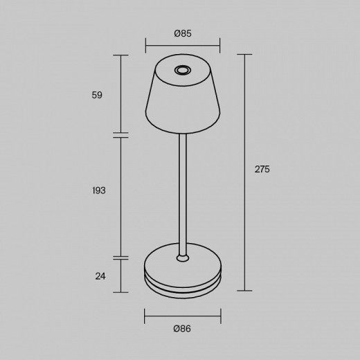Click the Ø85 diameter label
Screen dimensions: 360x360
(x=183, y=33)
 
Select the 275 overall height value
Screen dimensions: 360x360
(x=262, y=169)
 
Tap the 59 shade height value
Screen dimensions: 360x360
(x=97, y=95)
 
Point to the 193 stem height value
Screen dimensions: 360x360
(x=98, y=190)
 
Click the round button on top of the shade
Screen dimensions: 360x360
(x=183, y=70)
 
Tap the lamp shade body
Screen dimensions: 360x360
(x=183, y=104)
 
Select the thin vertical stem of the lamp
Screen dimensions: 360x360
(x=183, y=194)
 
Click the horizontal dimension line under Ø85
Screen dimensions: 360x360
(x=183, y=48)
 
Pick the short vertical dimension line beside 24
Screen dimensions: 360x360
(x=120, y=276)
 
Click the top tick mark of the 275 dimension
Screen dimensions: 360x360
(x=244, y=55)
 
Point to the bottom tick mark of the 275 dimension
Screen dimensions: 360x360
(x=244, y=290)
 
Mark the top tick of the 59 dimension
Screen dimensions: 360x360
(x=120, y=55)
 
